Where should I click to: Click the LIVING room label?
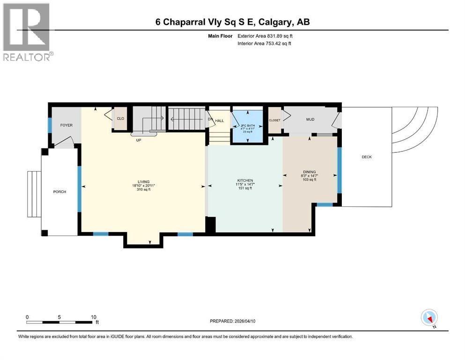[143, 181]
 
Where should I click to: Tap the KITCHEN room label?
[245, 180]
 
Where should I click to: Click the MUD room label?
[310, 120]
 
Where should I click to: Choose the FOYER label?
[66, 125]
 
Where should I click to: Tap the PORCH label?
[59, 192]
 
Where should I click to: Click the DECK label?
[367, 157]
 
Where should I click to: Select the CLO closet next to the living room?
[120, 119]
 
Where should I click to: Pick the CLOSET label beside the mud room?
[274, 120]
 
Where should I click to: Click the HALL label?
[220, 121]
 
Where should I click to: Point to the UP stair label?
[139, 140]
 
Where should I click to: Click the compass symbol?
[429, 318]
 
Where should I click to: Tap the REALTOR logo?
[27, 32]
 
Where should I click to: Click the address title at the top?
[232, 22]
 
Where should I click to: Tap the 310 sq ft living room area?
[143, 189]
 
